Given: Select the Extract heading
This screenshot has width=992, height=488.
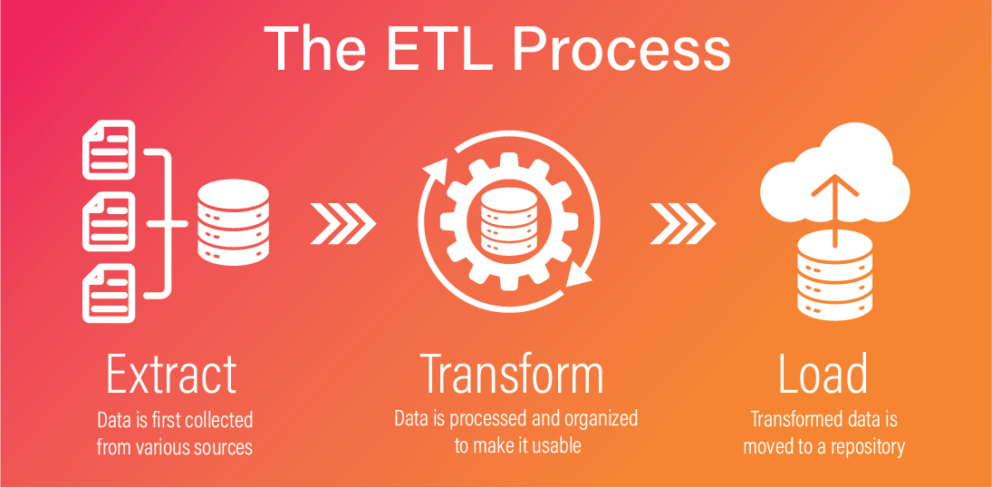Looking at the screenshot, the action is click(x=171, y=375).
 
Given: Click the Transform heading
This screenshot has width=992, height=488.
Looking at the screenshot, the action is click(x=511, y=375).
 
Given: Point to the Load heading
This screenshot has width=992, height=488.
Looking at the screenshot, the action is click(x=823, y=375).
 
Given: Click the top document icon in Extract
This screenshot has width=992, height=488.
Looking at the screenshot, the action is click(x=109, y=150).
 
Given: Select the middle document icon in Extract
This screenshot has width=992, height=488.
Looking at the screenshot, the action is click(x=109, y=222).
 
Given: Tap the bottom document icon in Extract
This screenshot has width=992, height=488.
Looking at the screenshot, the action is click(x=109, y=293).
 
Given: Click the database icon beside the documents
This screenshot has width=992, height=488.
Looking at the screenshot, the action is click(x=234, y=222).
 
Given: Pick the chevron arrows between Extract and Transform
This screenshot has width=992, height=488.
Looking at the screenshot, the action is click(x=343, y=223).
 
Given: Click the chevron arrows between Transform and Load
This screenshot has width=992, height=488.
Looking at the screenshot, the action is click(x=683, y=223).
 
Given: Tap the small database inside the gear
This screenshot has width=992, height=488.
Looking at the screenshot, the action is click(x=509, y=222).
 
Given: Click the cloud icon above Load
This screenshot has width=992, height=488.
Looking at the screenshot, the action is click(x=835, y=171).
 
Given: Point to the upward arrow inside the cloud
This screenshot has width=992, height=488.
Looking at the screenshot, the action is click(x=835, y=210).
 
